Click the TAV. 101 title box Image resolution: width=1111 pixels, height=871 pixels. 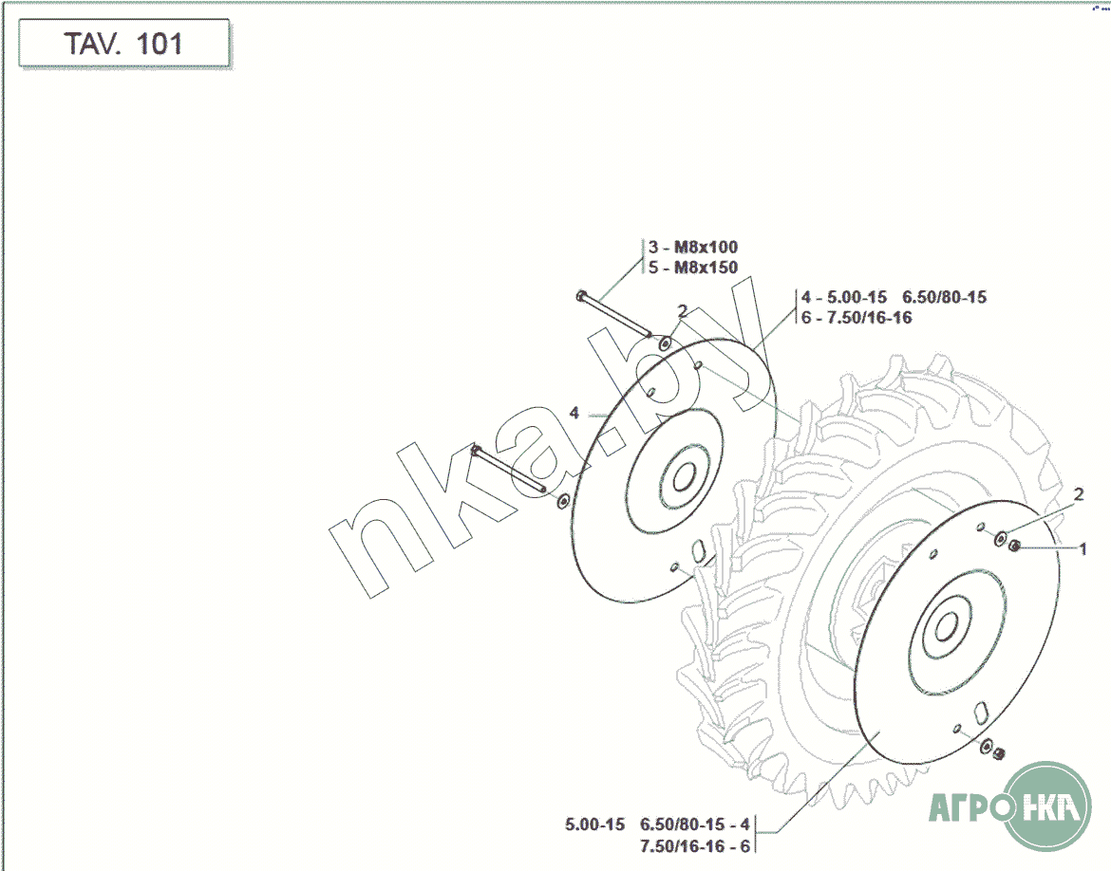coord(124,44)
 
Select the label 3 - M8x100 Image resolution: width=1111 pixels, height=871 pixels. coord(693,247)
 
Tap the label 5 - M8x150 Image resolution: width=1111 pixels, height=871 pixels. coord(693,268)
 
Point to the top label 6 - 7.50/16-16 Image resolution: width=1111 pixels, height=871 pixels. coord(857,318)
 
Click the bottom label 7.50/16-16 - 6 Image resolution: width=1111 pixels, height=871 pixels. coord(694,846)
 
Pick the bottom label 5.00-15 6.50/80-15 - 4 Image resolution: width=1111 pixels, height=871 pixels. coord(657,825)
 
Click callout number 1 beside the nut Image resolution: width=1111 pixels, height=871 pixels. coord(1082,548)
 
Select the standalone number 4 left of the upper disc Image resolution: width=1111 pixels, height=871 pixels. coord(574,412)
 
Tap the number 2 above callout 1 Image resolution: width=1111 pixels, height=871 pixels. coord(1079,493)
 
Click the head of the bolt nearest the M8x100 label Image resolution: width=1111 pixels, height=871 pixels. coord(581,295)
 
